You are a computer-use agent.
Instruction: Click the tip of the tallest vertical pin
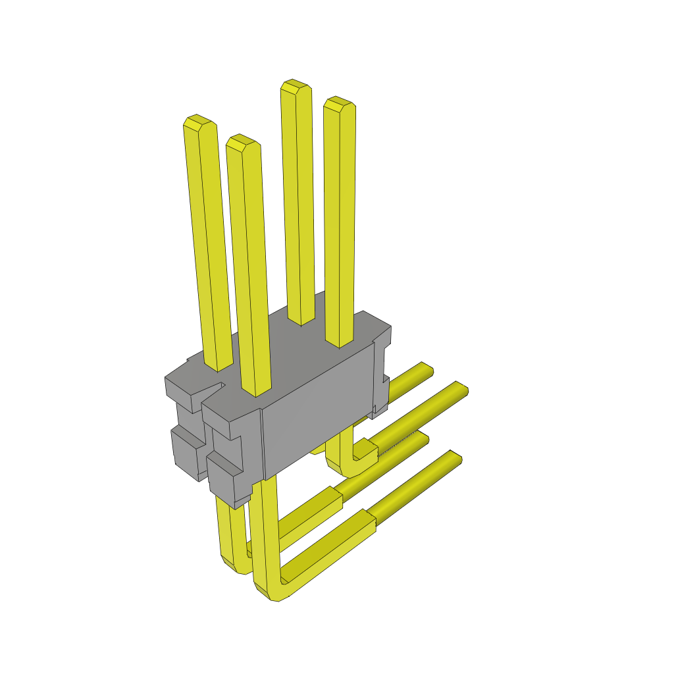295,85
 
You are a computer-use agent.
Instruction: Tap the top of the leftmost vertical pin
197,120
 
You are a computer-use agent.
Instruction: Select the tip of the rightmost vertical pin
339,101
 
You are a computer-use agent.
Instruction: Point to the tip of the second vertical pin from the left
241,140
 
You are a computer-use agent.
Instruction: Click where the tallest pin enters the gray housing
301,321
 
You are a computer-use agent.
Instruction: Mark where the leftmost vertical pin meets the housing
219,366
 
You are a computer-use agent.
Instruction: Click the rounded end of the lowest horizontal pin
454,458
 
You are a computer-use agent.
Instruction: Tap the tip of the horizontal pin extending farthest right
463,388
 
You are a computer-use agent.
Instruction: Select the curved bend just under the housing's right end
349,465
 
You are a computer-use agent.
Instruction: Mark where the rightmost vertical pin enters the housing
340,342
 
